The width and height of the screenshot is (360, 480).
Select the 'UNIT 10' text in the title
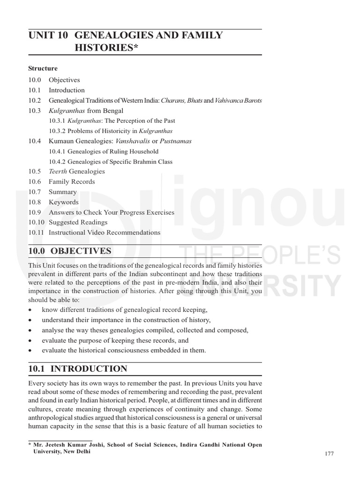point(48,35)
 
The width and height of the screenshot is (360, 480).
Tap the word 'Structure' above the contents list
point(43,68)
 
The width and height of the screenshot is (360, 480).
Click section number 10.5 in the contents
point(35,172)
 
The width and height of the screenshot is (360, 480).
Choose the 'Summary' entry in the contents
point(62,192)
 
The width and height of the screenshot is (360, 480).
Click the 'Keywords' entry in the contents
point(64,202)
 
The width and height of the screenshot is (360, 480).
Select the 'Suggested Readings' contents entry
point(78,223)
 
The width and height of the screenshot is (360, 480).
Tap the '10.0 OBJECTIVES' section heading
point(70,251)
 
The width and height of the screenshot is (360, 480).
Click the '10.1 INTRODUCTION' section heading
point(77,369)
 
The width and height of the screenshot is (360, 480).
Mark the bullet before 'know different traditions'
point(30,310)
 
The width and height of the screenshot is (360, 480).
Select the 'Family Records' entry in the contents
point(72,182)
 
